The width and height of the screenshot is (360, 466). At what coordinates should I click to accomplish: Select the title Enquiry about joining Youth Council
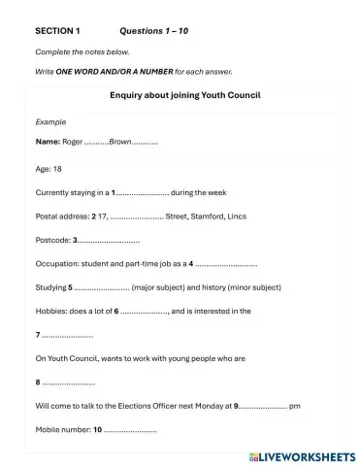pos(180,95)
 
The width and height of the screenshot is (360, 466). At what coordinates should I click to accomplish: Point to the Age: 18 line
pos(49,167)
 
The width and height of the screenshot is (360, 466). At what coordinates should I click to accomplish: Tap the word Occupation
pos(56,263)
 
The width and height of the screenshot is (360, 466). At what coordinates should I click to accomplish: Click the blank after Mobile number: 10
pos(129,430)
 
